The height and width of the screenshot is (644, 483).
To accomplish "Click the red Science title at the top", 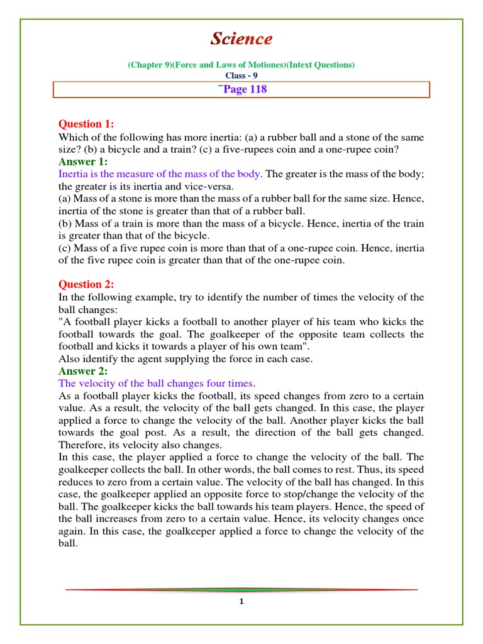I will [241, 39].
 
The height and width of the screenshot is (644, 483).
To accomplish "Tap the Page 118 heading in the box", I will [242, 89].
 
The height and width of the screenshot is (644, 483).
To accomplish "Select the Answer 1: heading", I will [83, 162].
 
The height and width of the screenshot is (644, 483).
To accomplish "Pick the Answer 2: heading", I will [83, 371].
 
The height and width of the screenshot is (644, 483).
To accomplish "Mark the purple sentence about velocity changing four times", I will [157, 384].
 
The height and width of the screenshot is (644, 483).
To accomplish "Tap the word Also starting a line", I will [69, 359].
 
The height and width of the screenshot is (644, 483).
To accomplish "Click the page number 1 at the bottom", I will [241, 602].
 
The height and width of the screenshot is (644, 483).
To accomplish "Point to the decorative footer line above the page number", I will [241, 589].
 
